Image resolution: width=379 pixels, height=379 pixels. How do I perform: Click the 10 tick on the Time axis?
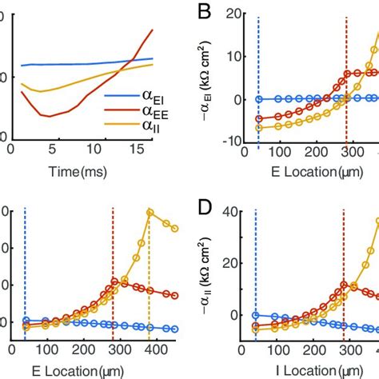pos(93,148)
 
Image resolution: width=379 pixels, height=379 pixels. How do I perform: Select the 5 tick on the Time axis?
pos(51,148)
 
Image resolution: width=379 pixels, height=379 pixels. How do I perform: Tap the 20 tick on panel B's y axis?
pos(234,14)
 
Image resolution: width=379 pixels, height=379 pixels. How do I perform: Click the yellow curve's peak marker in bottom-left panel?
pos(150,211)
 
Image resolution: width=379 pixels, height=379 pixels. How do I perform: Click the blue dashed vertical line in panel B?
pos(257,80)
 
